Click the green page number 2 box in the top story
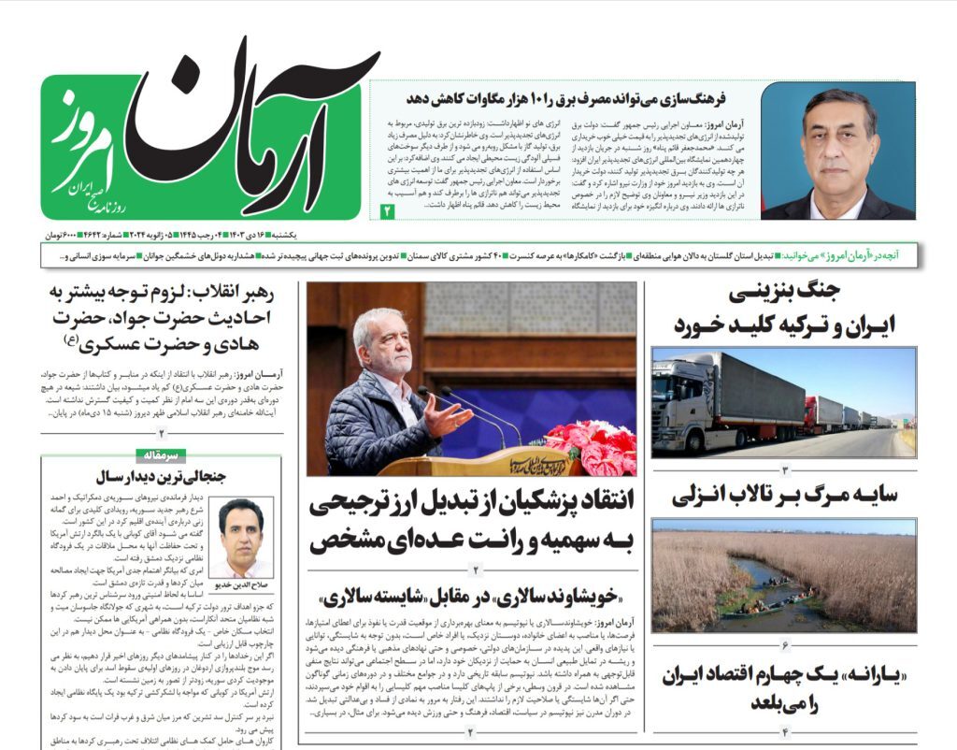[x=388, y=211]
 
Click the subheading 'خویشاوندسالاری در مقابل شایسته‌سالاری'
[x=477, y=596]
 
